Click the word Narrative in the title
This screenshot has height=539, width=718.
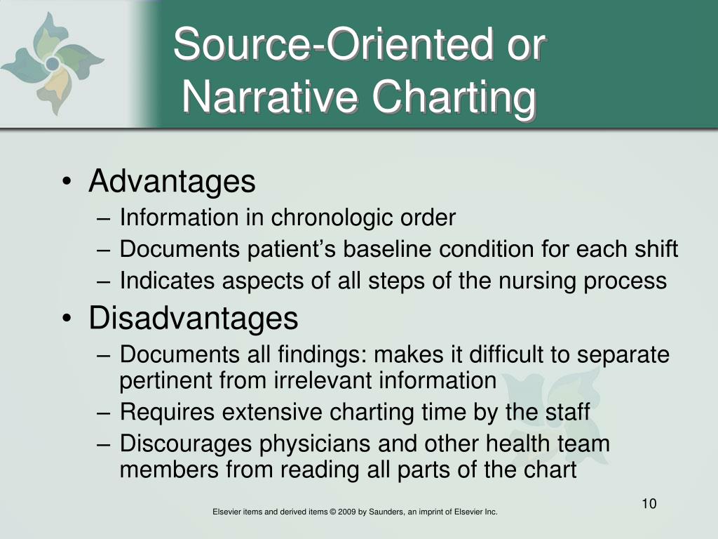[269, 97]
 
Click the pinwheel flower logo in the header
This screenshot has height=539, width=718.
[53, 62]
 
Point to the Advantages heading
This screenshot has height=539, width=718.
[172, 182]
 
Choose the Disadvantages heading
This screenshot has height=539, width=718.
[194, 318]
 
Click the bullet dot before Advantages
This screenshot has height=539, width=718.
[67, 182]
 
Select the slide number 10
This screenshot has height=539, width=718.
[649, 504]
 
